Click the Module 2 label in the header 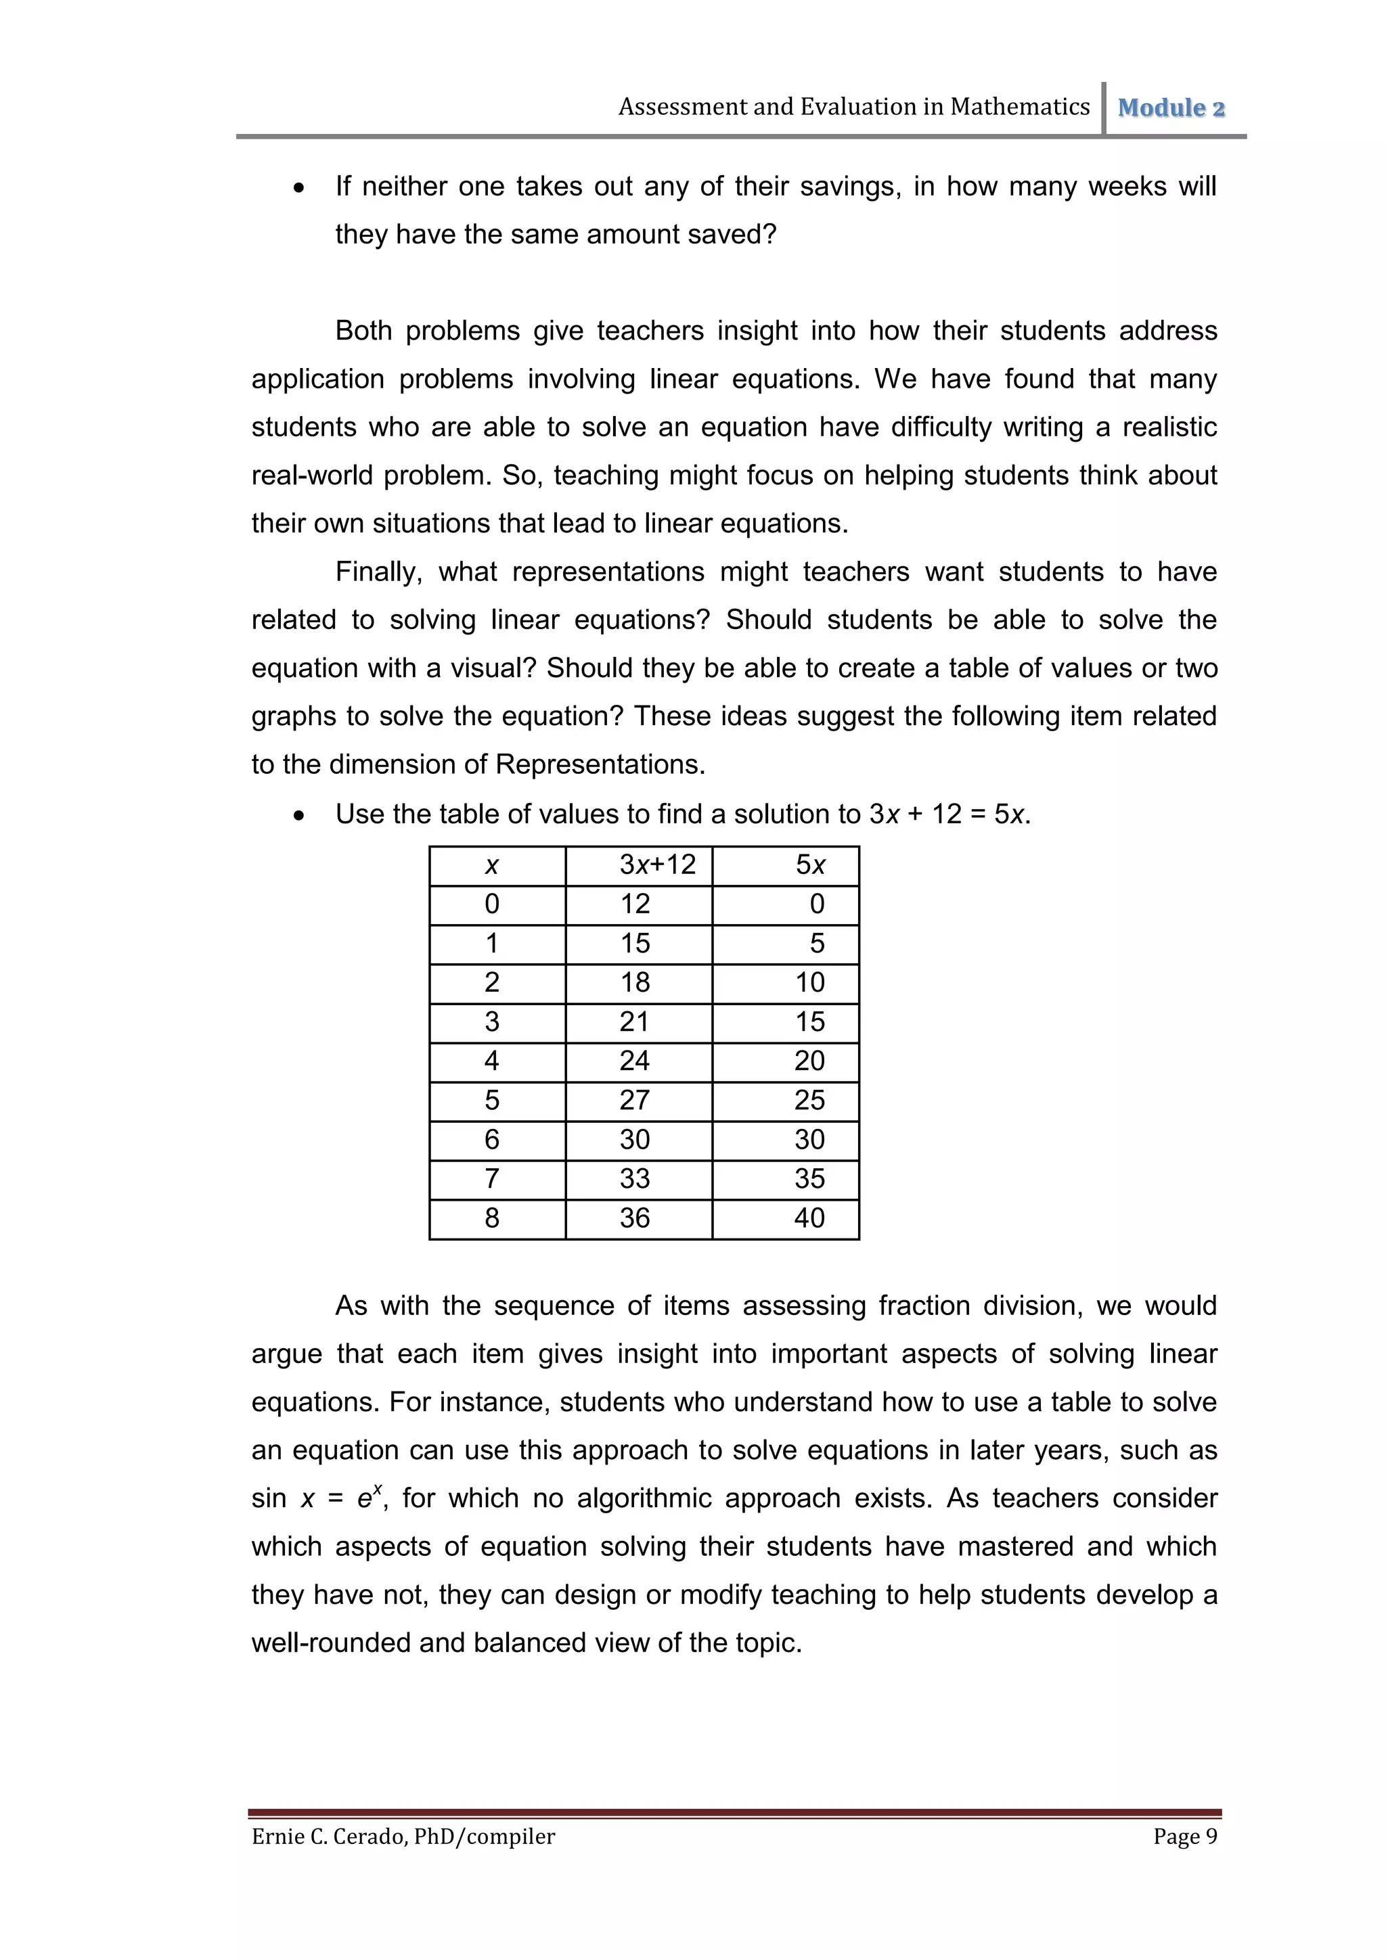1171,108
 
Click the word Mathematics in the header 1020,107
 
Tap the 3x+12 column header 657,865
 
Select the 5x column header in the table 810,865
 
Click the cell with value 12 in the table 635,904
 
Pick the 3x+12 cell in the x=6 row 635,1140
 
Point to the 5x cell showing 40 809,1218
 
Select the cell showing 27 635,1101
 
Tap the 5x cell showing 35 809,1179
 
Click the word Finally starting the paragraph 379,572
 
